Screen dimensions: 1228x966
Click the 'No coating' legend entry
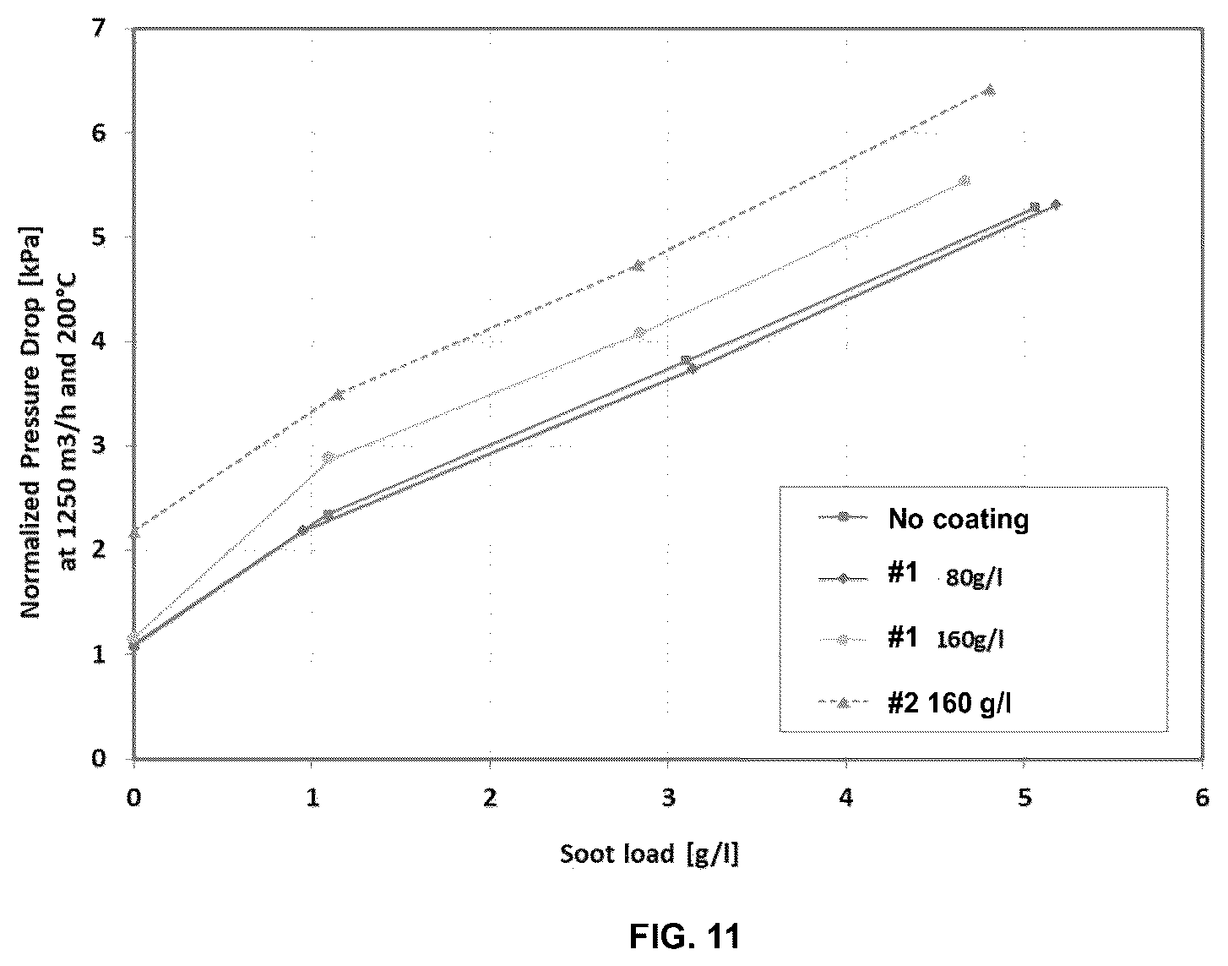pos(923,519)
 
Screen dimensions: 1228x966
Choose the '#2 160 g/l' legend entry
pos(915,702)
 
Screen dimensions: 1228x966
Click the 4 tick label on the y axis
pos(100,341)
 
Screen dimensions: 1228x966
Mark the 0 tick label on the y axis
pos(100,759)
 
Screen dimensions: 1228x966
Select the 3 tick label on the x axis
pos(668,798)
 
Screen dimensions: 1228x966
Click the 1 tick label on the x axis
pos(312,798)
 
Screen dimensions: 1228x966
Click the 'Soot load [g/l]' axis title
pos(649,854)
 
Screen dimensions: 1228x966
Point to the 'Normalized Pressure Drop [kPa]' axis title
pos(31,423)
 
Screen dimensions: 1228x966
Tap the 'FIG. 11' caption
pos(685,936)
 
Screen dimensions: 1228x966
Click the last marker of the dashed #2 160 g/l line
pos(990,90)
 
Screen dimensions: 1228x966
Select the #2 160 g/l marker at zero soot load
pos(134,533)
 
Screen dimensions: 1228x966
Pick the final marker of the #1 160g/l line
pos(964,181)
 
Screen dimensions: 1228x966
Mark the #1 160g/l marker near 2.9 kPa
pos(328,457)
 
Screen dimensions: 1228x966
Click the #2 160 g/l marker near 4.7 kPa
pos(639,265)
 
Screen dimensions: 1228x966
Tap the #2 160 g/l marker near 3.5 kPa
pos(339,394)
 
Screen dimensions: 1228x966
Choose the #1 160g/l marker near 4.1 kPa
pos(639,332)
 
